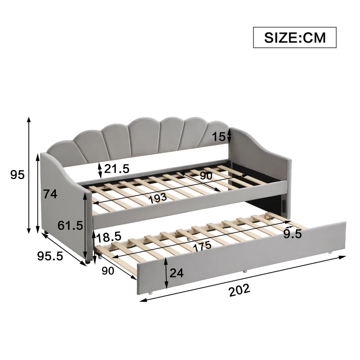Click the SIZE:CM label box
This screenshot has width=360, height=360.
[295, 37]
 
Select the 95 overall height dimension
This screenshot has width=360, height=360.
[17, 175]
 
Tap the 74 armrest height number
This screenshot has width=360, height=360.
[50, 194]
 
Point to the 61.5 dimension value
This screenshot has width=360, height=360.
[70, 225]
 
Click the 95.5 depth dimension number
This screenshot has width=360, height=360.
[50, 256]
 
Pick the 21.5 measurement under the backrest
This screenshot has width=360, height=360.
[117, 169]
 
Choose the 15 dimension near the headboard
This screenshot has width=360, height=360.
[219, 137]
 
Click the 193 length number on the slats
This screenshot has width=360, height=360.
[157, 198]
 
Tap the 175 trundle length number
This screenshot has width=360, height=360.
[202, 246]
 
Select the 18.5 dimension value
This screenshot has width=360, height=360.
[108, 238]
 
